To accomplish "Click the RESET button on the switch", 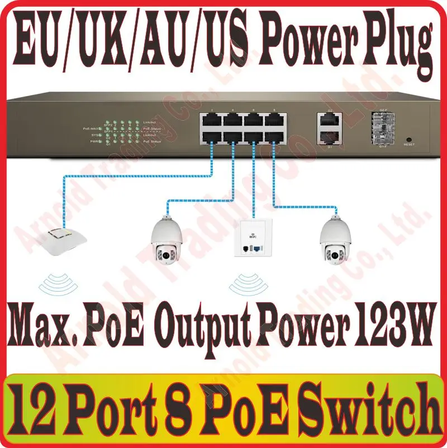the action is (x=409, y=139).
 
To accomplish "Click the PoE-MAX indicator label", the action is (x=92, y=128).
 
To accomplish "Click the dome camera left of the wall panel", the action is (x=168, y=241).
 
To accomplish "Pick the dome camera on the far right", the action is (x=336, y=241).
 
